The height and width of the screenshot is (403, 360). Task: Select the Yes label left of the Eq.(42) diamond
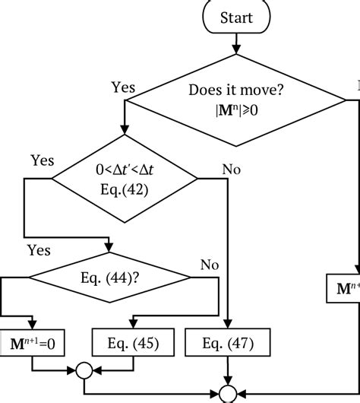click(x=43, y=160)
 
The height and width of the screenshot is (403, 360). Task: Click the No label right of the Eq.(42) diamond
click(x=231, y=169)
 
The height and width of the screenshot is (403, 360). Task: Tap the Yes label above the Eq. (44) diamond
click(x=39, y=249)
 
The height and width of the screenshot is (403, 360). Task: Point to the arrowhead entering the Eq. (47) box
click(x=226, y=325)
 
